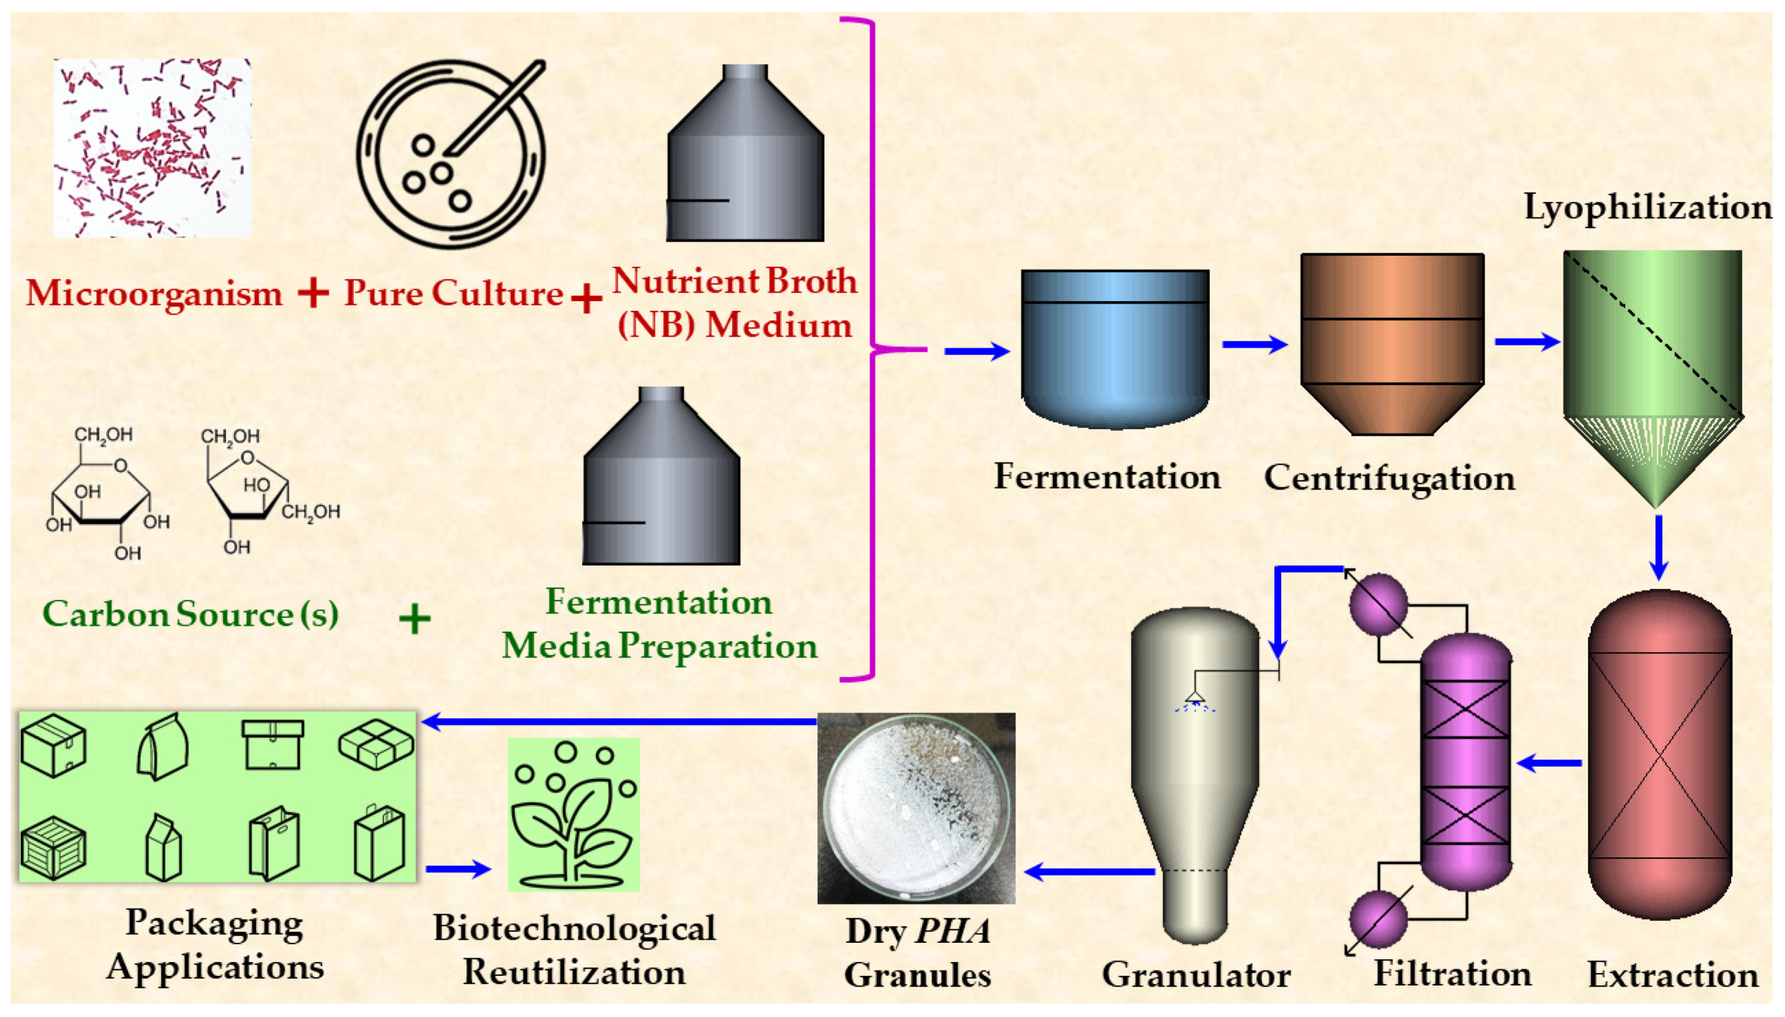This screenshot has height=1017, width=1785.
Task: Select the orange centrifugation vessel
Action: pyautogui.click(x=1392, y=344)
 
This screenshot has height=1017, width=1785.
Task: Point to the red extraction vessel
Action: pyautogui.click(x=1659, y=755)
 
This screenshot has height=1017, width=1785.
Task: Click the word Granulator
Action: pyautogui.click(x=1196, y=975)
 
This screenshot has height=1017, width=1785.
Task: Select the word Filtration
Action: pyautogui.click(x=1452, y=974)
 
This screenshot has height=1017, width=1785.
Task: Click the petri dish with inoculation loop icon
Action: pyautogui.click(x=451, y=153)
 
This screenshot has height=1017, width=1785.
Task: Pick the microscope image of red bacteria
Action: pyautogui.click(x=153, y=148)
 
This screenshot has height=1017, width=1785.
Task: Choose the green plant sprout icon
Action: pyautogui.click(x=573, y=814)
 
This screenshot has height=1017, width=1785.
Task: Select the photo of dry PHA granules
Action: pyautogui.click(x=916, y=807)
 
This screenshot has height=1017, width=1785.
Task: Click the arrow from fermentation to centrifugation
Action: pyautogui.click(x=1254, y=344)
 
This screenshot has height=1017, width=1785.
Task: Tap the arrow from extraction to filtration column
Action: pyautogui.click(x=1549, y=763)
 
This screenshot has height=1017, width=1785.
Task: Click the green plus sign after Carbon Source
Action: pyautogui.click(x=414, y=619)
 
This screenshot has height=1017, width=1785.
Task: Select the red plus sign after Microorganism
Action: pyautogui.click(x=313, y=293)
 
